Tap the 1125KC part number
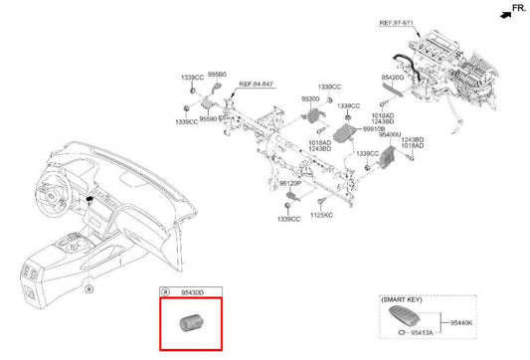(x=320, y=215)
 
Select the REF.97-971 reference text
(x=427, y=21)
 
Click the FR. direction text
(x=514, y=7)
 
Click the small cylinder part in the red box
(x=189, y=323)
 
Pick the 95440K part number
(x=462, y=322)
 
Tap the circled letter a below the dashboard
(x=88, y=289)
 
